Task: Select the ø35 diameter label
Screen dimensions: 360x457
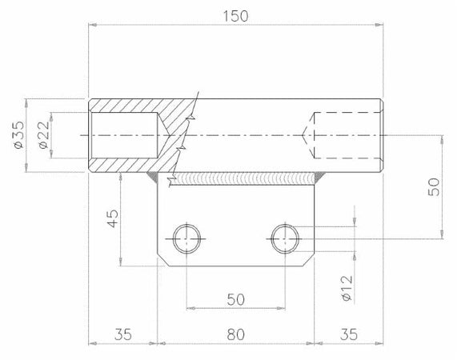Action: coord(18,135)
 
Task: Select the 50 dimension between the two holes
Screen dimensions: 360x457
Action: coord(235,298)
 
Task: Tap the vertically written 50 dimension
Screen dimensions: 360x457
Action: coord(433,186)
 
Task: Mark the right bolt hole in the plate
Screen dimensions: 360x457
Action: coord(285,238)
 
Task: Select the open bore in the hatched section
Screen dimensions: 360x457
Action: coord(124,135)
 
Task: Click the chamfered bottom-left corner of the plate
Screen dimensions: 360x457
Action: coord(162,260)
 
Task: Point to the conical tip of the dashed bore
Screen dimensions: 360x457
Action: coord(307,135)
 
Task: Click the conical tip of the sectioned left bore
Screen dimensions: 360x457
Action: coord(164,135)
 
